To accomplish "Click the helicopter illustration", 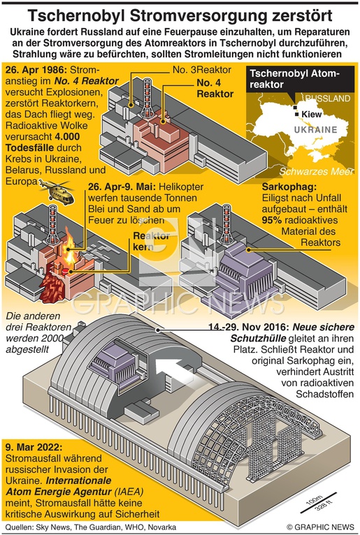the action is pos(57,191).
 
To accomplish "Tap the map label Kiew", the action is pos(312,114).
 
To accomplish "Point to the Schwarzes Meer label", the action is pos(316,171).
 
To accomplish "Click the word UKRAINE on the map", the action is pos(315,130).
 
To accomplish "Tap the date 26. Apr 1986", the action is pos(36,70).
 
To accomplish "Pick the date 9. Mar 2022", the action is pos(34,447).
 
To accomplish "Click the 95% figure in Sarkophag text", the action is pos(272,220).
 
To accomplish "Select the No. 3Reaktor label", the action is pos(202,70).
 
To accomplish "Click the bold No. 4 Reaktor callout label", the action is pos(215,88).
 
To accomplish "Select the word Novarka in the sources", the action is pos(161,527).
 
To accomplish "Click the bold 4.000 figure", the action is pos(67,136).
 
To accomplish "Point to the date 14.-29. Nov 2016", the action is pos(249,327).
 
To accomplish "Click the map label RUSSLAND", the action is pos(328,98).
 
